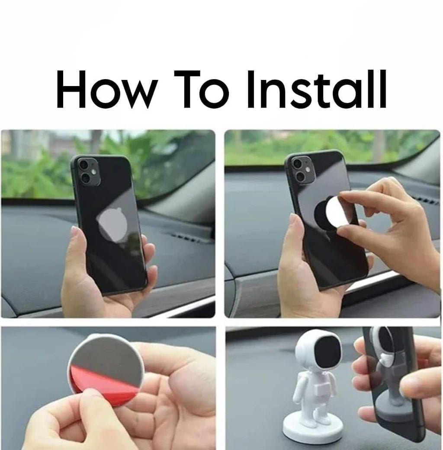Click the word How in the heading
point(107,89)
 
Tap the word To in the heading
point(202,89)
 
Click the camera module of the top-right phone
point(302,170)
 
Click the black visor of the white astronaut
point(327,352)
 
